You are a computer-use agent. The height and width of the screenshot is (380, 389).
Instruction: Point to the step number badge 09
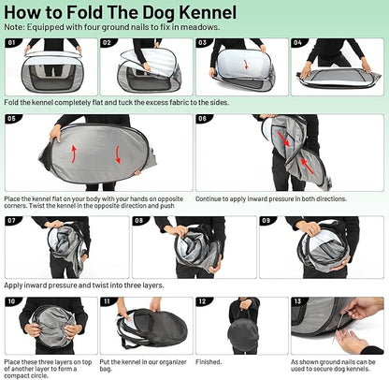click(x=267, y=222)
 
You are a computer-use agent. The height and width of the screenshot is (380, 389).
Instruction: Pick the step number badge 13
click(x=297, y=302)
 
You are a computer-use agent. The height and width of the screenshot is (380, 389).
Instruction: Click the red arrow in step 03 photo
click(x=246, y=66)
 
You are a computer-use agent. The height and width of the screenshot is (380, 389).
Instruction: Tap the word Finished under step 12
click(x=209, y=360)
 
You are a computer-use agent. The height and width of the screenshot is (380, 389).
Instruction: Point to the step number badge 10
click(x=12, y=302)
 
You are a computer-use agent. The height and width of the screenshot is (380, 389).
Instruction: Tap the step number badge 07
click(x=12, y=222)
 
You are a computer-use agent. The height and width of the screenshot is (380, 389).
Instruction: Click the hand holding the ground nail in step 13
click(x=353, y=335)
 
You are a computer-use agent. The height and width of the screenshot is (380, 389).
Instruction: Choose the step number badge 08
click(x=139, y=222)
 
